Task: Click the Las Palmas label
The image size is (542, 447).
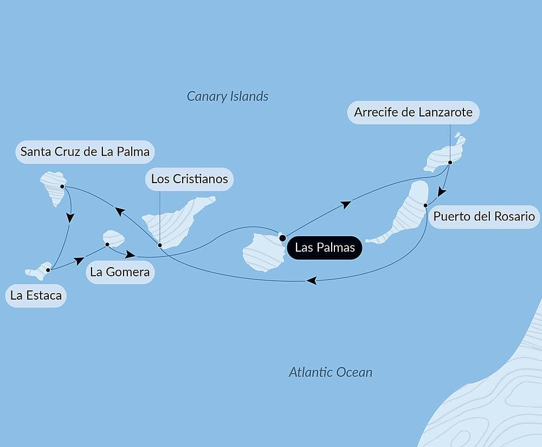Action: point(325,248)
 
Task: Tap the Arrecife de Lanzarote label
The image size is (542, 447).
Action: point(413,113)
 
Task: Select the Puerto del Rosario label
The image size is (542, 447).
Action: point(484,217)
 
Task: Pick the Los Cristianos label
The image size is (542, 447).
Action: point(189,179)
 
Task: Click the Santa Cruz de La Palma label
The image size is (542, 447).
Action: point(85,152)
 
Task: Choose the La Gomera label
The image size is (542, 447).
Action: point(120,272)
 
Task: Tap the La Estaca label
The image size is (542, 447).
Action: point(36,296)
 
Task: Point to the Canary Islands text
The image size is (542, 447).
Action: point(228,96)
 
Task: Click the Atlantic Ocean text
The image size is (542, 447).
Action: point(331,372)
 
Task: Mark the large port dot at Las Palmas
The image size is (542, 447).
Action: point(282,237)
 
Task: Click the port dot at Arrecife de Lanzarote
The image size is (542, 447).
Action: point(450,162)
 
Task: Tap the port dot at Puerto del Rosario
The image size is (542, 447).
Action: point(426,205)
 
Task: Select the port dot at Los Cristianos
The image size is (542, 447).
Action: point(160,245)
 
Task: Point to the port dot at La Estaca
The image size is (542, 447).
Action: point(48,269)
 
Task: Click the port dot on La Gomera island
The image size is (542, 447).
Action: point(107,244)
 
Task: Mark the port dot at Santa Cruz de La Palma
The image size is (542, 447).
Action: point(62,186)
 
